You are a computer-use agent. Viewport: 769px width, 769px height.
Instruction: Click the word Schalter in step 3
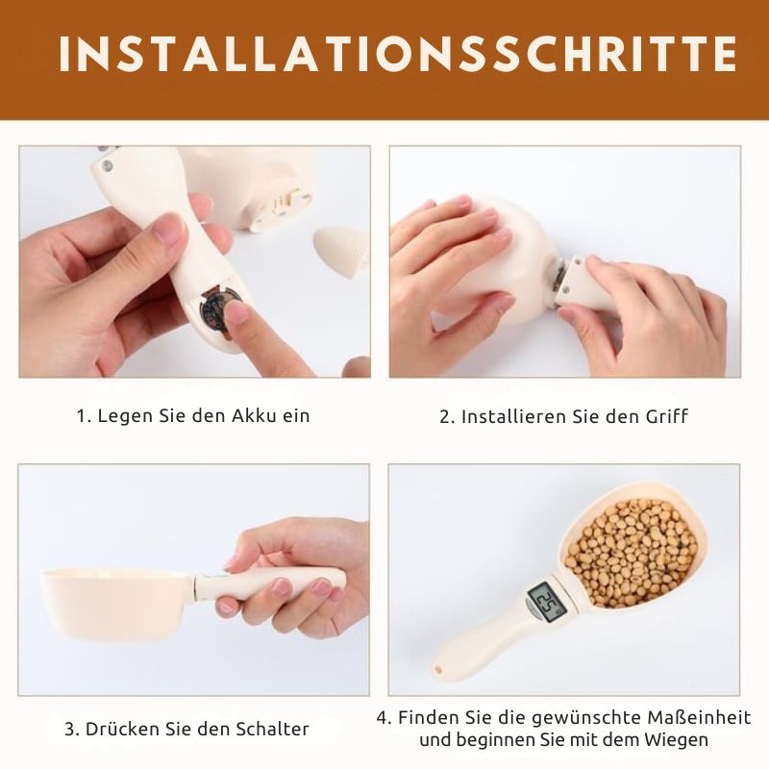tap(272, 729)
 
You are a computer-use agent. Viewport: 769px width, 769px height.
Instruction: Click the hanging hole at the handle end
tap(440, 667)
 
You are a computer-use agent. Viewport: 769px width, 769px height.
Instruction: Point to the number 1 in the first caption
tap(82, 416)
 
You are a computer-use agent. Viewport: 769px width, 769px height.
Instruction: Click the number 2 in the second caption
tap(445, 416)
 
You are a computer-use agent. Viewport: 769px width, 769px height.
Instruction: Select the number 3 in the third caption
tap(70, 729)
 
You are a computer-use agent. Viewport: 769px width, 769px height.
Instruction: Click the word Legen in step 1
tap(121, 416)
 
